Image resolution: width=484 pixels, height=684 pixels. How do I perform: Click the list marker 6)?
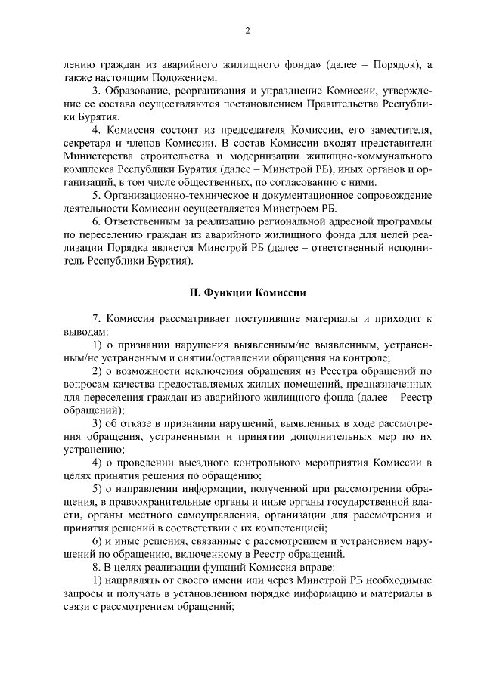click(98, 543)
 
